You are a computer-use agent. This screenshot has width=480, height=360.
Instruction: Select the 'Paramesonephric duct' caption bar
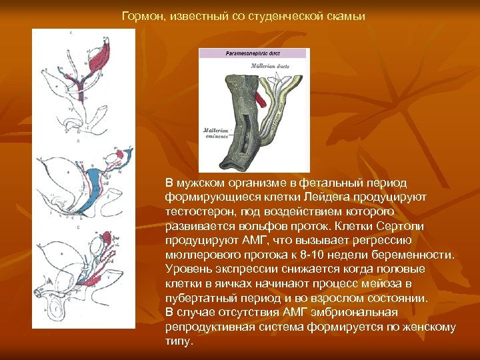click(x=253, y=53)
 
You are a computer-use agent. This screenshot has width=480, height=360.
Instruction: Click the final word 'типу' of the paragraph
click(x=178, y=341)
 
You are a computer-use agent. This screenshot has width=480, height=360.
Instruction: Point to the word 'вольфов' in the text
click(x=247, y=226)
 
